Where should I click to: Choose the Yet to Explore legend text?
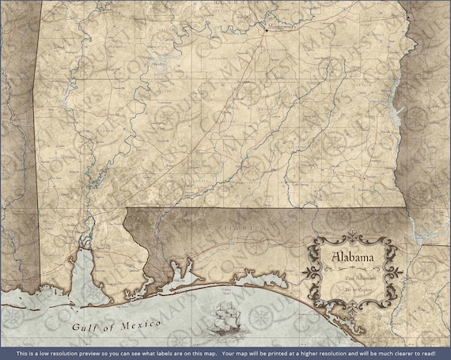click(x=360, y=290)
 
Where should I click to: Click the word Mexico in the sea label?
click(x=125, y=325)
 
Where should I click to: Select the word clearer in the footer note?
click(x=402, y=353)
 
